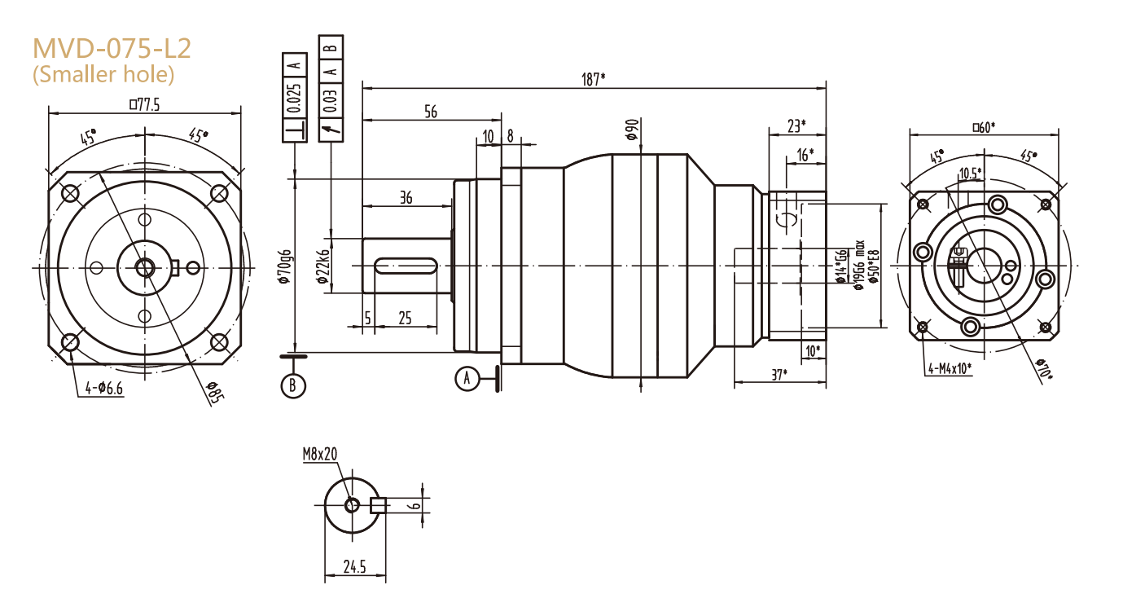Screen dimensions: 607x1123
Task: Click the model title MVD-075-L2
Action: coord(112,48)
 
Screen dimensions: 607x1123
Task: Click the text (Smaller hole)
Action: coord(103,75)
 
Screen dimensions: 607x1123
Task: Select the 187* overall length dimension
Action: coord(593,79)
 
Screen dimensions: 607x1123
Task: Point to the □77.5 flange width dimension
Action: coord(145,104)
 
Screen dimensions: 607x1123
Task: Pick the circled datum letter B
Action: coord(293,385)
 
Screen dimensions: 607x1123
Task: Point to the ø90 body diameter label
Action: coord(631,130)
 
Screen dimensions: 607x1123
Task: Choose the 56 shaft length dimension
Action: coord(430,112)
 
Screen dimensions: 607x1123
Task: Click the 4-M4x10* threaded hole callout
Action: coord(950,368)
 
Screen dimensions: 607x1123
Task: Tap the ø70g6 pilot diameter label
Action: coord(284,266)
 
